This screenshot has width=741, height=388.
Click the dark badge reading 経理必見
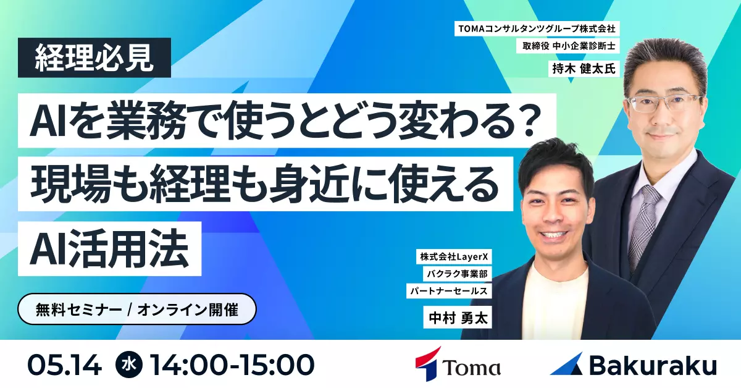[94, 57]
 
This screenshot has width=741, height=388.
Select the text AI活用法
[109, 248]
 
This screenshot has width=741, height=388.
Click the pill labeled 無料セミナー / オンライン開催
[137, 309]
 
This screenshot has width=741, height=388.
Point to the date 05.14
[65, 365]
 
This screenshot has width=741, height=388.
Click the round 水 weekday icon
[129, 365]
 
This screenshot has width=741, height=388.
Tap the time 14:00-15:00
[232, 365]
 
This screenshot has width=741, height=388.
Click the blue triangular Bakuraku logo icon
[566, 364]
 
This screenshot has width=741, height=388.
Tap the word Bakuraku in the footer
[653, 365]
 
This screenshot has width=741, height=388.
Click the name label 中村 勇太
[458, 318]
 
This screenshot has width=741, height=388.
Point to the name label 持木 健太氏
[584, 69]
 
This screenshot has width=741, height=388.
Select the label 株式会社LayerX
[454, 256]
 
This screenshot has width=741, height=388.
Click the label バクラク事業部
[457, 274]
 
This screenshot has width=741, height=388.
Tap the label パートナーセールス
[449, 291]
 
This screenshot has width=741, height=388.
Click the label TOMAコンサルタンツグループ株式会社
[537, 29]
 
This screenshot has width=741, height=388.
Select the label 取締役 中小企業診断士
[569, 46]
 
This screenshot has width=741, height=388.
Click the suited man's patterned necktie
[640, 225]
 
